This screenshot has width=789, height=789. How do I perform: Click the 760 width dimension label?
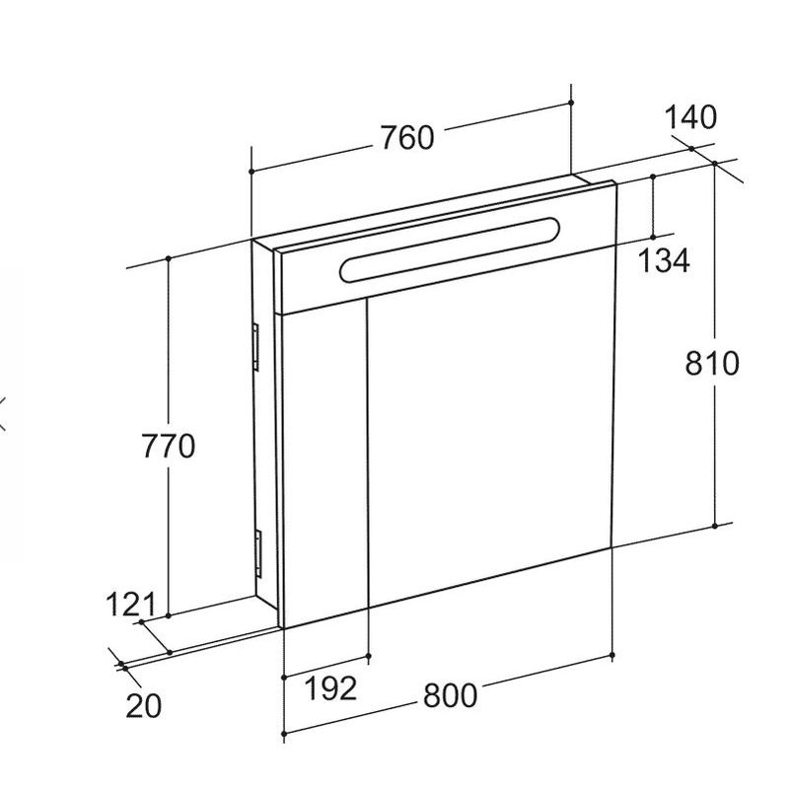(406, 138)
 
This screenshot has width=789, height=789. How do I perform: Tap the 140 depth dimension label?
(690, 117)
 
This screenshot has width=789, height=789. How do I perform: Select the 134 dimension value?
(663, 260)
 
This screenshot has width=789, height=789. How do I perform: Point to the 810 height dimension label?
(712, 363)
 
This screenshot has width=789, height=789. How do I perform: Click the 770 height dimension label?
(168, 447)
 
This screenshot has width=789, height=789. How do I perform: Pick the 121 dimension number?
(132, 605)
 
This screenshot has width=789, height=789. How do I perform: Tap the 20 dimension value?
(144, 705)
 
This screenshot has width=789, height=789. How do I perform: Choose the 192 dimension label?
(329, 687)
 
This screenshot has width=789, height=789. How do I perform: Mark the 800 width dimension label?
(450, 695)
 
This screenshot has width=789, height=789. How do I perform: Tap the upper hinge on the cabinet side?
(255, 347)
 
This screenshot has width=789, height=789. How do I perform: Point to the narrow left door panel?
(324, 464)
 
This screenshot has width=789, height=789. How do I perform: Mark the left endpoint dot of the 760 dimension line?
(251, 172)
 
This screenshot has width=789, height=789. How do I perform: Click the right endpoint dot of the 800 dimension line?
(612, 654)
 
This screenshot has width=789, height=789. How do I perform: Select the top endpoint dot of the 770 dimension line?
(169, 257)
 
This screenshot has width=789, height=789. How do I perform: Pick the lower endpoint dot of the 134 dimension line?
(653, 237)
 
